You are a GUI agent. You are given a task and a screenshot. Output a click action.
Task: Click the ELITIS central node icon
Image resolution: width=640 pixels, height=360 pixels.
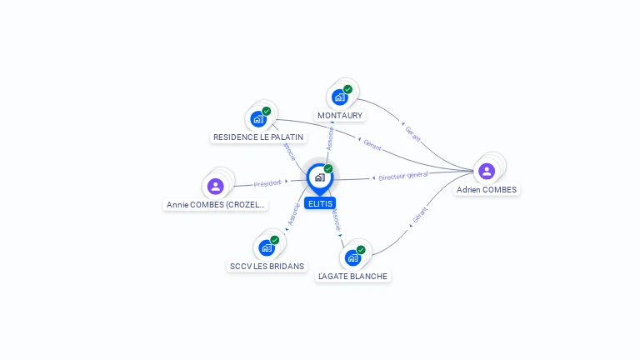pyautogui.click(x=319, y=177)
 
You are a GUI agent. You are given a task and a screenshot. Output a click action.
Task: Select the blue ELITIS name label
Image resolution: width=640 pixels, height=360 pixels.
pyautogui.click(x=320, y=203)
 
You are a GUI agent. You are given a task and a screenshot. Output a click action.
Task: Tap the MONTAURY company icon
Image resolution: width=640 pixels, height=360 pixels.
pyautogui.click(x=339, y=97)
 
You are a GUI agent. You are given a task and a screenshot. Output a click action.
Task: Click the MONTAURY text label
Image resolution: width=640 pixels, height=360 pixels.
pyautogui.click(x=340, y=115)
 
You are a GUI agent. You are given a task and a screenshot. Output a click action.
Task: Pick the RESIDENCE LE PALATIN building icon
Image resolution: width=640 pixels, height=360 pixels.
pyautogui.click(x=258, y=118)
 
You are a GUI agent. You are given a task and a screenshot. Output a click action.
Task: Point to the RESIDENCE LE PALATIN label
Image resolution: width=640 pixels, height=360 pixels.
pyautogui.click(x=258, y=137)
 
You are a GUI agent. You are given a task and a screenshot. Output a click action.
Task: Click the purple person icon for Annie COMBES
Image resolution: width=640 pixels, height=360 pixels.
pyautogui.click(x=216, y=186)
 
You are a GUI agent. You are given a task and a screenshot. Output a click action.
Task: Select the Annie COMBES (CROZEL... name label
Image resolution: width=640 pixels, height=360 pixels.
pyautogui.click(x=216, y=204)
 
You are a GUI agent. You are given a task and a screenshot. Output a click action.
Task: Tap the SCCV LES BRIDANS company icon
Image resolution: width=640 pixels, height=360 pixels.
pyautogui.click(x=266, y=247)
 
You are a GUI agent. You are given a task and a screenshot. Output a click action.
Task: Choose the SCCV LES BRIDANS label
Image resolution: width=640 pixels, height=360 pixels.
pyautogui.click(x=267, y=266)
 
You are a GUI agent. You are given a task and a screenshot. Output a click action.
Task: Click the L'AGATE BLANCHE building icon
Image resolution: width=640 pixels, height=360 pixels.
pyautogui.click(x=352, y=257)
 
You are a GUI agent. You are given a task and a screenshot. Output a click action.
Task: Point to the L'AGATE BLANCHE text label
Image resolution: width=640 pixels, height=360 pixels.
pyautogui.click(x=353, y=276)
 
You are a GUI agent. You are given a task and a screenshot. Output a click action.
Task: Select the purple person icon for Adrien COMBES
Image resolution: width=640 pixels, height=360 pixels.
pyautogui.click(x=487, y=171)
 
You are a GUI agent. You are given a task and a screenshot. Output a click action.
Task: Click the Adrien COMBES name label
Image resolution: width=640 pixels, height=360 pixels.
pyautogui.click(x=487, y=189)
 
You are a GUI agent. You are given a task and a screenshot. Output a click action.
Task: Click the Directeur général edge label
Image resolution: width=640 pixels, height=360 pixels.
pyautogui.click(x=402, y=176)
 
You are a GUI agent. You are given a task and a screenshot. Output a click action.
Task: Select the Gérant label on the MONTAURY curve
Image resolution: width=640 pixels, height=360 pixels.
pyautogui.click(x=412, y=132)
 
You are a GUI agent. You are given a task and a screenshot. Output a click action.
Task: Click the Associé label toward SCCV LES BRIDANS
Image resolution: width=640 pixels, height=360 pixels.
pyautogui.click(x=293, y=214)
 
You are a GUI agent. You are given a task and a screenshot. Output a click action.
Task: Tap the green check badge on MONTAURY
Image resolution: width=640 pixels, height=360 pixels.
pyautogui.click(x=347, y=89)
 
